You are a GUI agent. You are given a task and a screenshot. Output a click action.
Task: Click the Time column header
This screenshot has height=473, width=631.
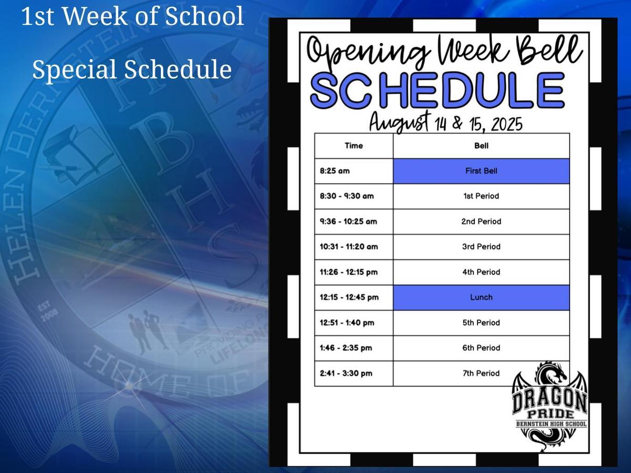pyautogui.click(x=353, y=146)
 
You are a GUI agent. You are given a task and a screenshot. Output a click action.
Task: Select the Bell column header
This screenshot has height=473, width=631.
pyautogui.click(x=481, y=146)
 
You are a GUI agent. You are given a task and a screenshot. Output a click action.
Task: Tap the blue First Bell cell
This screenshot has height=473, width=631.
pyautogui.click(x=481, y=171)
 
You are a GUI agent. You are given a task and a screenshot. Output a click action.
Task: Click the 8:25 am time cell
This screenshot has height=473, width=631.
pyautogui.click(x=353, y=171)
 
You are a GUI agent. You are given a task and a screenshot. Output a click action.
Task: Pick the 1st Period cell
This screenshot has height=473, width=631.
pyautogui.click(x=481, y=196)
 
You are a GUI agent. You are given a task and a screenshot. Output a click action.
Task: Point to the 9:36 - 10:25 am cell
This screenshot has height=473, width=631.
pyautogui.click(x=353, y=222)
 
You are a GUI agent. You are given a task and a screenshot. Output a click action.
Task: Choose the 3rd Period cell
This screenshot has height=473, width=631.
pyautogui.click(x=481, y=247)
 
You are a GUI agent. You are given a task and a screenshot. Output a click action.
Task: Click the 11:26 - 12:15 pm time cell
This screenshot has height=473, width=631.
pyautogui.click(x=353, y=273)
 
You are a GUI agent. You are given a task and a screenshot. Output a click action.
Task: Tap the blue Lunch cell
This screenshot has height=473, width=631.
pyautogui.click(x=481, y=298)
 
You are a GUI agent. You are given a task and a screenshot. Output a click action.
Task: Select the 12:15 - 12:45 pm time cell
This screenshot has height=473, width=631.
pyautogui.click(x=353, y=298)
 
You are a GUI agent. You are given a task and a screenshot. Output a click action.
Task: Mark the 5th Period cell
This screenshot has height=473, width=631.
pyautogui.click(x=481, y=323)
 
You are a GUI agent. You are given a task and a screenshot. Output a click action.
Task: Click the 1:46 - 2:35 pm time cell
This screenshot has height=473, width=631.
pyautogui.click(x=353, y=348)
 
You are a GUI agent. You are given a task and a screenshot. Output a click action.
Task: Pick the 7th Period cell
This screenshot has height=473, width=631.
pyautogui.click(x=481, y=374)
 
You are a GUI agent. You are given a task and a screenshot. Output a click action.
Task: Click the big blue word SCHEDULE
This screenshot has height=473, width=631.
pyautogui.click(x=437, y=90)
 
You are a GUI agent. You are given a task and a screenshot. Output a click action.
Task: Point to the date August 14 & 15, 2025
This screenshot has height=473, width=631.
pyautogui.click(x=445, y=124)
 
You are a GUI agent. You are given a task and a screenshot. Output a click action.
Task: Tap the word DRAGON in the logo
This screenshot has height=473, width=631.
pyautogui.click(x=549, y=401)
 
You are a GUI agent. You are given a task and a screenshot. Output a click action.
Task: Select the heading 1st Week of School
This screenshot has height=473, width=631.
pyautogui.click(x=133, y=16)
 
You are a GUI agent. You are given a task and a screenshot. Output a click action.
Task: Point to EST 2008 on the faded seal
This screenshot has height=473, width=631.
pyautogui.click(x=48, y=311)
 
